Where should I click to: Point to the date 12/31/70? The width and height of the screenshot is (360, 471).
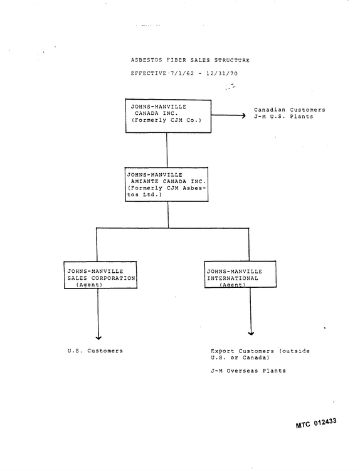point(222,73)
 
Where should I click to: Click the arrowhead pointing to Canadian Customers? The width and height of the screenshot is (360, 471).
point(244,115)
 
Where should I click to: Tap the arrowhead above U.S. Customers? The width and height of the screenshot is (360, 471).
point(98,337)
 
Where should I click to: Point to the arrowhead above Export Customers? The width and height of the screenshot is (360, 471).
point(251,333)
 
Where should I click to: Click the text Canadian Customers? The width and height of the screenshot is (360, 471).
point(290,110)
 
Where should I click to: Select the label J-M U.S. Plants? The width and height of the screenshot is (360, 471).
point(283,117)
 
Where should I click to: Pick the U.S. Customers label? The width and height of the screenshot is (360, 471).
point(95,351)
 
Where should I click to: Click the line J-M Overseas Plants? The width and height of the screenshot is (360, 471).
point(248,371)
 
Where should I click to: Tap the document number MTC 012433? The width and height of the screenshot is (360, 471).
point(316,423)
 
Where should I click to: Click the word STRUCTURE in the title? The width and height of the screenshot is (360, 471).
point(231,60)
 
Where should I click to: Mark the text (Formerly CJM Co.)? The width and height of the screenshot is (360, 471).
point(166,120)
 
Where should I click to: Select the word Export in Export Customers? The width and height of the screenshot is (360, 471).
point(223,351)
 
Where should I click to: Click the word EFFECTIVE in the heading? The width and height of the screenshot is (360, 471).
point(149,73)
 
